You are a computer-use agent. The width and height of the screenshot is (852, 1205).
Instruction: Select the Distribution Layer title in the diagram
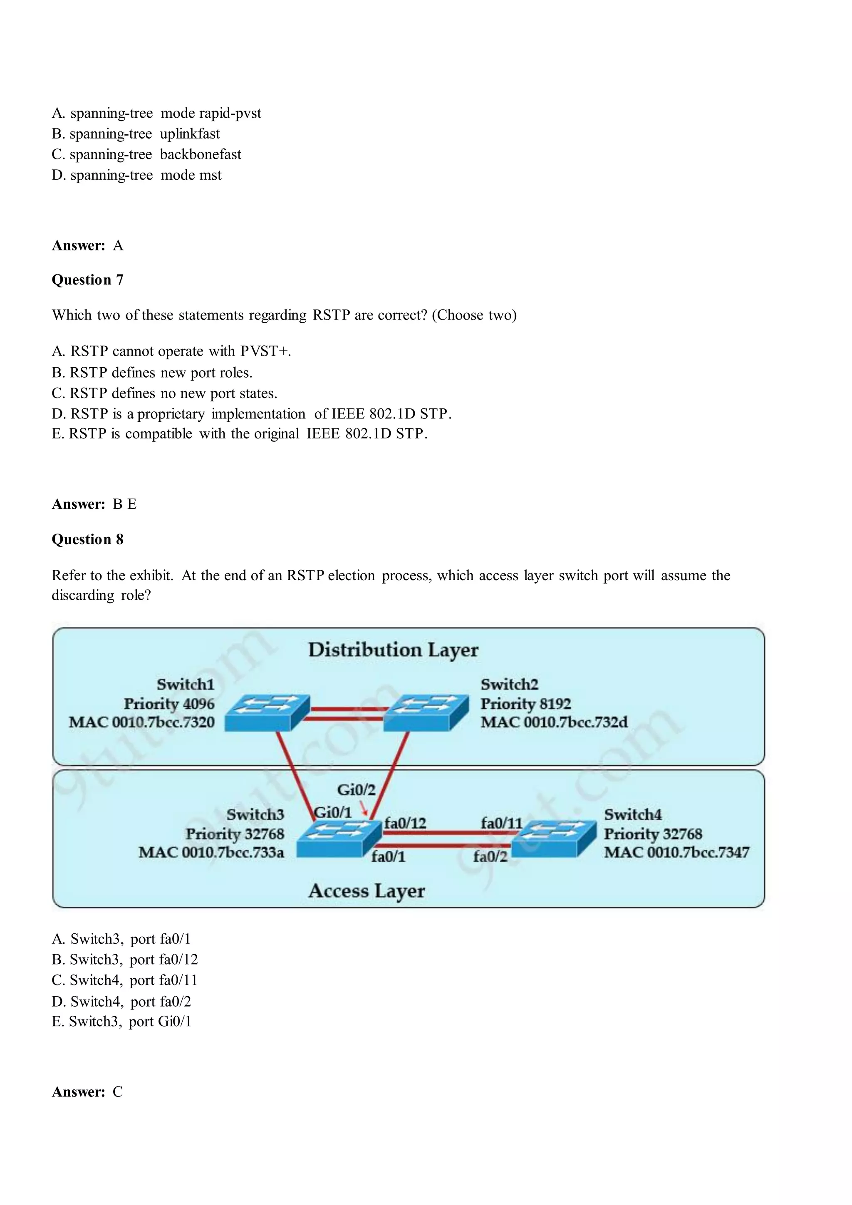pyautogui.click(x=393, y=650)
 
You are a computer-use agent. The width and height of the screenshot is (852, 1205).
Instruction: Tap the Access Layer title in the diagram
pyautogui.click(x=367, y=891)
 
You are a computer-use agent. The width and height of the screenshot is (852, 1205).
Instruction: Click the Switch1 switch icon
pyautogui.click(x=267, y=712)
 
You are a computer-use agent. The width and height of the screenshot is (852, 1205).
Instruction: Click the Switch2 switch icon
pyautogui.click(x=426, y=712)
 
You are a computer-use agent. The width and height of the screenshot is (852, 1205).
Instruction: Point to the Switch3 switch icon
pyautogui.click(x=339, y=838)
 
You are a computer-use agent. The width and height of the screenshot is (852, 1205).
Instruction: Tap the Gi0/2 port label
pyautogui.click(x=356, y=790)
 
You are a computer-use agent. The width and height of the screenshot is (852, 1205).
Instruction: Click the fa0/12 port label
pyautogui.click(x=405, y=823)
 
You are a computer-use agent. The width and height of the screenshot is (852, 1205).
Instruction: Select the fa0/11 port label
pyautogui.click(x=501, y=823)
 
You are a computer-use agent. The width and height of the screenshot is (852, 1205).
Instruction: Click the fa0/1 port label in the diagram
pyautogui.click(x=389, y=856)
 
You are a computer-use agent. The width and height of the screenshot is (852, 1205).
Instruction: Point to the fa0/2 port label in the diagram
pyautogui.click(x=490, y=856)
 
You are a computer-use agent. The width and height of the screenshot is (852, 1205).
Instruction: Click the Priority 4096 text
pyautogui.click(x=169, y=703)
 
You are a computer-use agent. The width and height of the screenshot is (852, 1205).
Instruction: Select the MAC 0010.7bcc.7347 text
pyautogui.click(x=676, y=852)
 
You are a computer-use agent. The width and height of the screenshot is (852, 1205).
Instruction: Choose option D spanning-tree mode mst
pyautogui.click(x=136, y=175)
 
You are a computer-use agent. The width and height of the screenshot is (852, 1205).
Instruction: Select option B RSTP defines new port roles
pyautogui.click(x=152, y=373)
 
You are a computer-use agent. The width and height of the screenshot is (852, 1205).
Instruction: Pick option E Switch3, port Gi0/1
pyautogui.click(x=122, y=1021)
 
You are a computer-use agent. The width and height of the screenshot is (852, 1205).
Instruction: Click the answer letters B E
pyautogui.click(x=124, y=505)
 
